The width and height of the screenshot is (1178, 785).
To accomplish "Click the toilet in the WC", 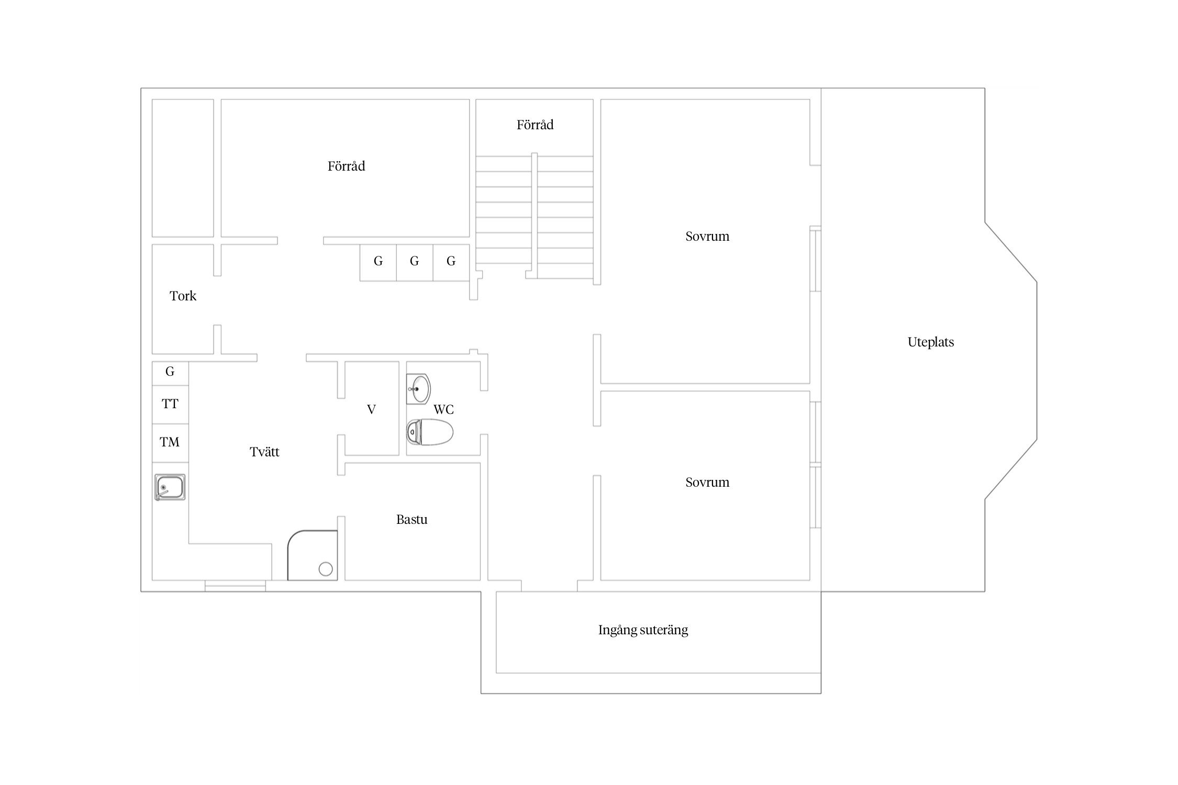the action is click(430, 432).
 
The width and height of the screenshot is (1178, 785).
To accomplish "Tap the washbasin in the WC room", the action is click(419, 389).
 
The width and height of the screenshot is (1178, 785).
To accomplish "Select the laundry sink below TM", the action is click(170, 487).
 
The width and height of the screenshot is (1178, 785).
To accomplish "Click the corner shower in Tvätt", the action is click(313, 555).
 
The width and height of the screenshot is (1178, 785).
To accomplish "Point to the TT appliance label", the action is click(170, 404).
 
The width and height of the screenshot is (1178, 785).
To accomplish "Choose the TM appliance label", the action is click(170, 442).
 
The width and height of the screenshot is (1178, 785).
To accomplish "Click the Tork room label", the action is click(183, 296).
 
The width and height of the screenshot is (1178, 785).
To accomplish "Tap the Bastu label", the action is click(412, 520).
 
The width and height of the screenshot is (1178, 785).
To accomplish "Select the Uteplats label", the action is click(931, 342).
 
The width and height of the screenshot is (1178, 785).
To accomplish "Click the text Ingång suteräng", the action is click(643, 630).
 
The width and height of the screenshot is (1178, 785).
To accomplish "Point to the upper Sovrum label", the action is click(707, 237).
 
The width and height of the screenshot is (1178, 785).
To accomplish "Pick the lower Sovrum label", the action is click(707, 483).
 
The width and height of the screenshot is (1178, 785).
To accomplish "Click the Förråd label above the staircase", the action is click(535, 125).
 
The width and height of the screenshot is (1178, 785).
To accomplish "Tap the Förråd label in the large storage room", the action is click(347, 166).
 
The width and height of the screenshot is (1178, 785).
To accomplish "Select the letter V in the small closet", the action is click(371, 410).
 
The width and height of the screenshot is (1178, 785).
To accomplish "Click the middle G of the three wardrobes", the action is click(414, 261).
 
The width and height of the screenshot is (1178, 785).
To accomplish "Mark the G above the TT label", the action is click(170, 372).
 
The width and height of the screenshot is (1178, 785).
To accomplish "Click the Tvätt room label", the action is click(264, 452).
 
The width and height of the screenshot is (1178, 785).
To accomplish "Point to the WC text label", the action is click(443, 410).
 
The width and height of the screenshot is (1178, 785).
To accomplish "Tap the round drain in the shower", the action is click(326, 569).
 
